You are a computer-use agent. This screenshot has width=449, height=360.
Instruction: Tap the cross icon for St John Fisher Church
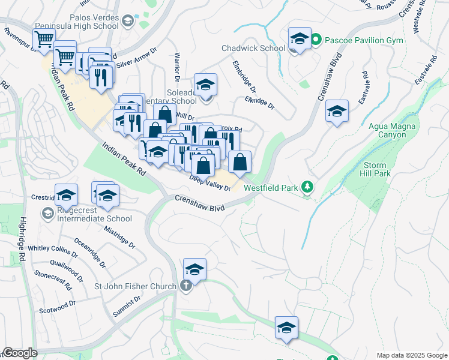(x=186, y=286)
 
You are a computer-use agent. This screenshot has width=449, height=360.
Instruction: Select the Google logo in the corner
(x=19, y=353)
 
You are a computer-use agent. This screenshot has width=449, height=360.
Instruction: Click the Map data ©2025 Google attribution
(x=412, y=355)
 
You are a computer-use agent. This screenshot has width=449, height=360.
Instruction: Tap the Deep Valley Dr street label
(x=209, y=183)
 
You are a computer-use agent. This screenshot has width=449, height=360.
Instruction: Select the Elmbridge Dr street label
(x=244, y=76)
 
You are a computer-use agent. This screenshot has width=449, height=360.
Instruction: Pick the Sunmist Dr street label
(x=127, y=306)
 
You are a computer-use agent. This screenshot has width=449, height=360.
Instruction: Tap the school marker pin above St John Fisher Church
(x=194, y=269)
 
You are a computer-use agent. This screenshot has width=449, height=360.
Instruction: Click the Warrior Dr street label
(x=177, y=66)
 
